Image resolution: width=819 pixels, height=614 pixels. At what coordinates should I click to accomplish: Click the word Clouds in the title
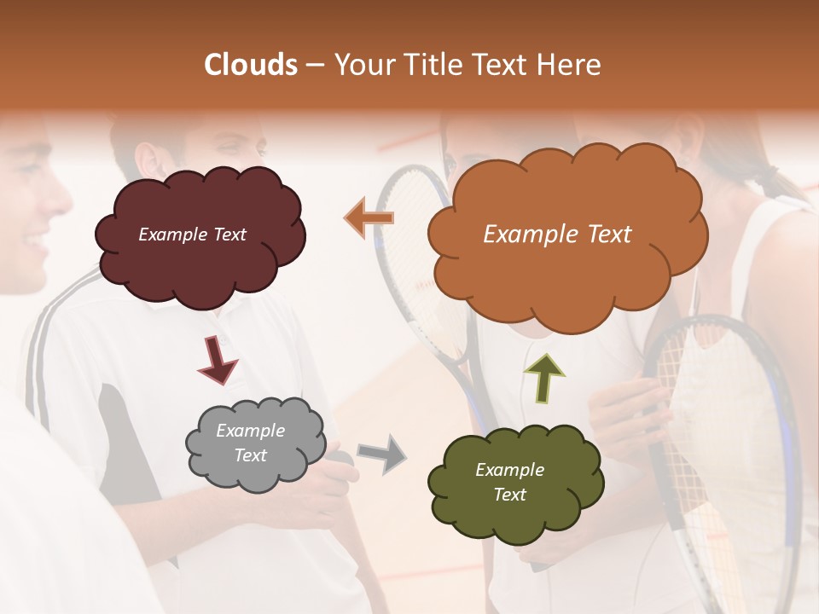(x=251, y=65)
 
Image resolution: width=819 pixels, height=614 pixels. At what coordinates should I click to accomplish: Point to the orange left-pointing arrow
(x=369, y=218)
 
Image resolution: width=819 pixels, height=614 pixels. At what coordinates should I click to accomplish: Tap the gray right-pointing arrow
(x=382, y=453)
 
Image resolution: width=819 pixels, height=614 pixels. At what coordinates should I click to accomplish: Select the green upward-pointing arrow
(x=544, y=378)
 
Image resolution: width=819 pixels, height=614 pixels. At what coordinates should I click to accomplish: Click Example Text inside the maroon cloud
(x=192, y=235)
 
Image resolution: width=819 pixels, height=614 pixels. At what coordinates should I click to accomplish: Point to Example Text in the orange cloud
(x=557, y=235)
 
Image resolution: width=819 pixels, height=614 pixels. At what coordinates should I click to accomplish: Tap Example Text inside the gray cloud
(x=250, y=443)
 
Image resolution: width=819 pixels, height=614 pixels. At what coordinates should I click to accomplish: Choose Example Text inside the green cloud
(x=509, y=482)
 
